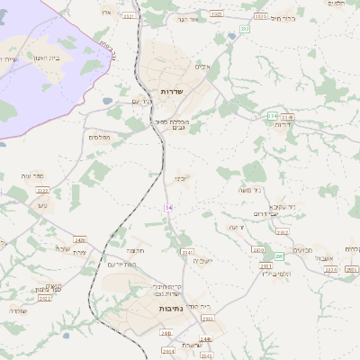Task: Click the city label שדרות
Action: [x=172, y=92]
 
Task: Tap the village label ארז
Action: [x=105, y=13]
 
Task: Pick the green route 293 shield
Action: [x=280, y=256]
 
